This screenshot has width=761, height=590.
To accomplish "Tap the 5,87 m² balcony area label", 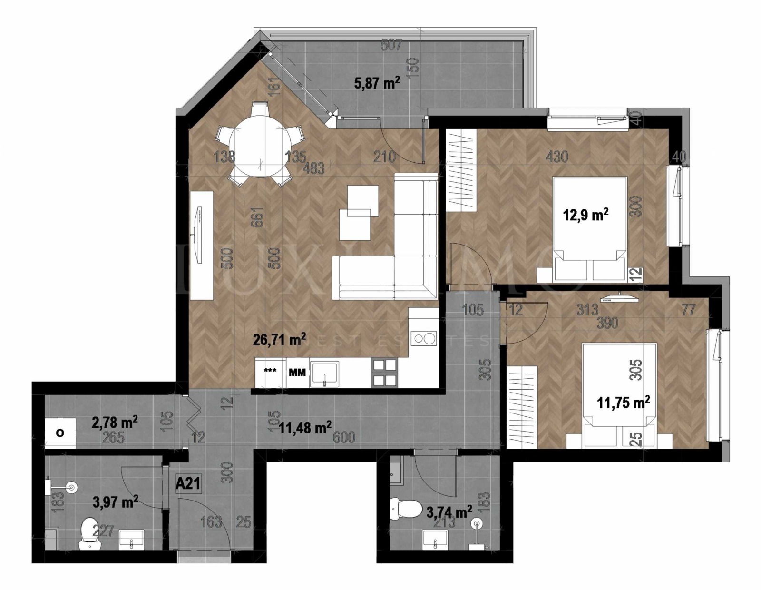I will pos(377,83).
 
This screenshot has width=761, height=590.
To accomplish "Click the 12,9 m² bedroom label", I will pos(585,215).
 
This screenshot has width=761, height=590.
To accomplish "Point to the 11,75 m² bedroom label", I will pos(623,403).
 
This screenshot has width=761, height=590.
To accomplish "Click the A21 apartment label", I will pos(188,484).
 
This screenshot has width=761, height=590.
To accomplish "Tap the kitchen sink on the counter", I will pos(324,374).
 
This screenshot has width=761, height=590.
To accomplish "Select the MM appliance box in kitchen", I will pos(297,372).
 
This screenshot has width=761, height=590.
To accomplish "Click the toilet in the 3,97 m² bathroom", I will pos(88,532).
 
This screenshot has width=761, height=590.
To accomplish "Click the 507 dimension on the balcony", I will pos(392,46).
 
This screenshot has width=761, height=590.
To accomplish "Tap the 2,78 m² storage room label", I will pos(115,422).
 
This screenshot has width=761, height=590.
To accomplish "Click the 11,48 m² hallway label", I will pos(305,428).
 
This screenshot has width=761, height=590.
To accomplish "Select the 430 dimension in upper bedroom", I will pos(556,156).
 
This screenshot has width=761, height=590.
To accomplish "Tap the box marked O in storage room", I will pos(60,433).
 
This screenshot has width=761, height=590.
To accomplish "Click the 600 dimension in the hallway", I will pos(344,437).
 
